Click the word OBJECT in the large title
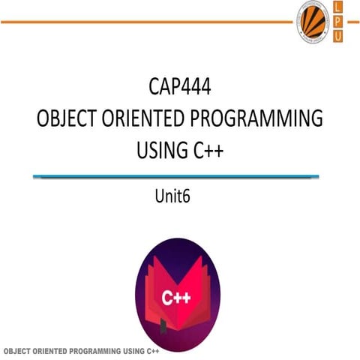[x=69, y=120]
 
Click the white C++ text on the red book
[x=176, y=298]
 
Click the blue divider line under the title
[x=179, y=177]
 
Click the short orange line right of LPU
[x=354, y=22]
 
